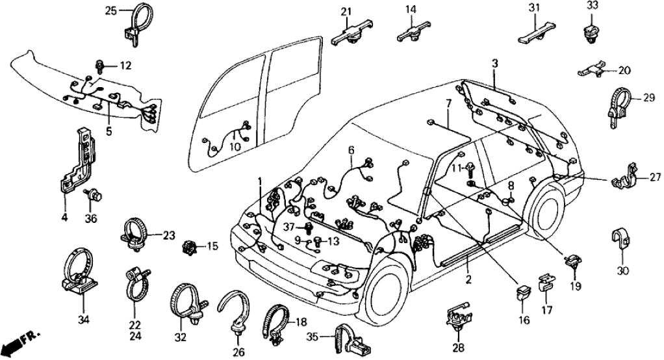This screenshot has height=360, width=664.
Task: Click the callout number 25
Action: click(110, 10)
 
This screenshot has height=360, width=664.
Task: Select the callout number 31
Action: click(534, 7)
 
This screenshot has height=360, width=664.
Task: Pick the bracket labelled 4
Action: click(79, 162)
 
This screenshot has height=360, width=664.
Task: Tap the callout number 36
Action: click(91, 218)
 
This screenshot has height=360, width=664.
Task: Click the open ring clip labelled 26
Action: click(235, 311)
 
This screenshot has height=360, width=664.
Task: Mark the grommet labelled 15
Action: click(190, 246)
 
